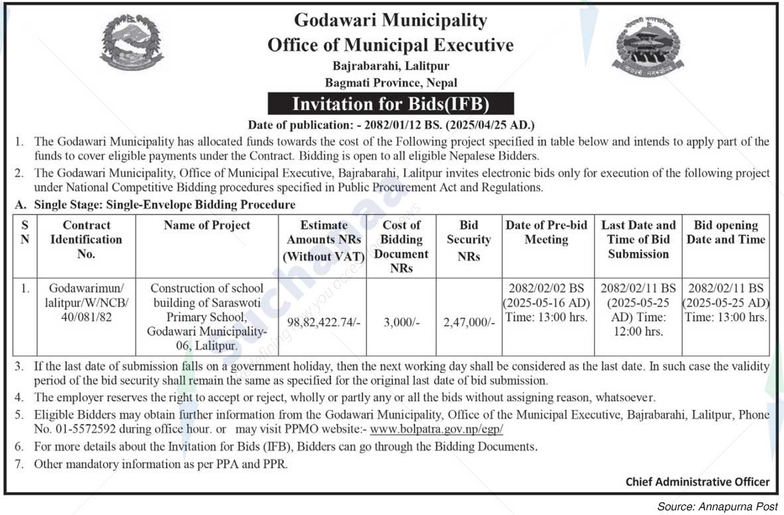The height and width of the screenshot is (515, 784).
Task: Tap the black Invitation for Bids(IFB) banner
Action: tap(391, 104)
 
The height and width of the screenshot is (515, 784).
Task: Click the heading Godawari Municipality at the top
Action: tap(390, 20)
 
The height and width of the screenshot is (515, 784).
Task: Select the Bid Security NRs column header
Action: tap(469, 240)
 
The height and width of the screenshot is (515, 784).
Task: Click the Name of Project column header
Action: tap(207, 225)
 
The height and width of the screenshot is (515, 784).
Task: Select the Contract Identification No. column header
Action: tap(86, 239)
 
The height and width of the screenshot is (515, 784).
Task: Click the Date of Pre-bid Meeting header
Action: tap(546, 233)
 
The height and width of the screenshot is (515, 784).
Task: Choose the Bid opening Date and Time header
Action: tap(726, 233)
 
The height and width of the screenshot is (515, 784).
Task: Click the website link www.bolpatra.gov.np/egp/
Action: tap(436, 429)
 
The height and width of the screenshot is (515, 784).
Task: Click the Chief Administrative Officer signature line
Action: tap(697, 482)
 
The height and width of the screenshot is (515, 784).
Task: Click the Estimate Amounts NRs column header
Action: tap(323, 240)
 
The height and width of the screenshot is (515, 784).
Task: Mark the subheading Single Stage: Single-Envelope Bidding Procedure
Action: tap(165, 205)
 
